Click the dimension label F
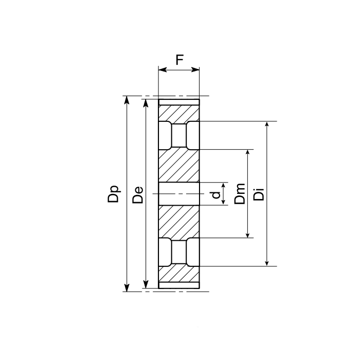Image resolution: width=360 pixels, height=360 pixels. point(179,60)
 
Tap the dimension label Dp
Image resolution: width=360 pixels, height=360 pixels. point(114,194)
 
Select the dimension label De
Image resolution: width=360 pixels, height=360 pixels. point(138,195)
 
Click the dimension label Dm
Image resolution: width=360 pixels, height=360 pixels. point(240,194)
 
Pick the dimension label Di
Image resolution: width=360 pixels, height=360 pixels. point(259,194)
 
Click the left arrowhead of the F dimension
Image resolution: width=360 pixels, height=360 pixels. point(163,69)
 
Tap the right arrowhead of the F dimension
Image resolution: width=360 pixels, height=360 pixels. point(195,69)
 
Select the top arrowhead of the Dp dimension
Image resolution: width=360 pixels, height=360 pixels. point(127,100)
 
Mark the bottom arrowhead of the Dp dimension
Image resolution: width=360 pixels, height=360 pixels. point(127,287)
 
